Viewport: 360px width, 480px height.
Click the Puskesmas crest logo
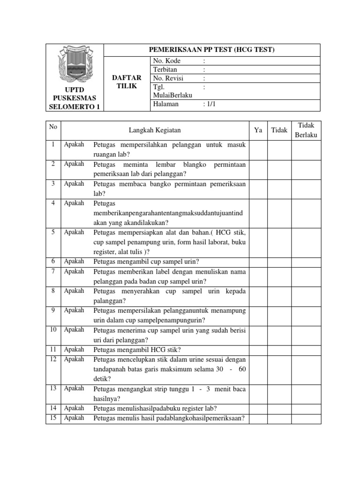tap(75, 65)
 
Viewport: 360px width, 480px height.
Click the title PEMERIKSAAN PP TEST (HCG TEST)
tap(211, 50)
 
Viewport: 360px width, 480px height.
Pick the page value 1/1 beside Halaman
tap(209, 104)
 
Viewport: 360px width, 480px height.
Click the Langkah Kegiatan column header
tap(155, 130)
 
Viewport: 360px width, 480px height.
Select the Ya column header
tap(258, 130)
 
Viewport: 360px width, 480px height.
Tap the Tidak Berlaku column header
tap(306, 130)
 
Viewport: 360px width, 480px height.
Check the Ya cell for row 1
tap(258, 150)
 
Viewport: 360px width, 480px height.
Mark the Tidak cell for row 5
tap(279, 242)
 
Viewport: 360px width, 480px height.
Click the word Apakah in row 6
tap(74, 262)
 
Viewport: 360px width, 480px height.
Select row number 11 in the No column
tap(53, 349)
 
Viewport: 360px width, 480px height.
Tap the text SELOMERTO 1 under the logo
tap(75, 106)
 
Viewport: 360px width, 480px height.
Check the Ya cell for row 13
tap(258, 393)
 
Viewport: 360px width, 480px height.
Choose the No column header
tap(53, 127)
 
